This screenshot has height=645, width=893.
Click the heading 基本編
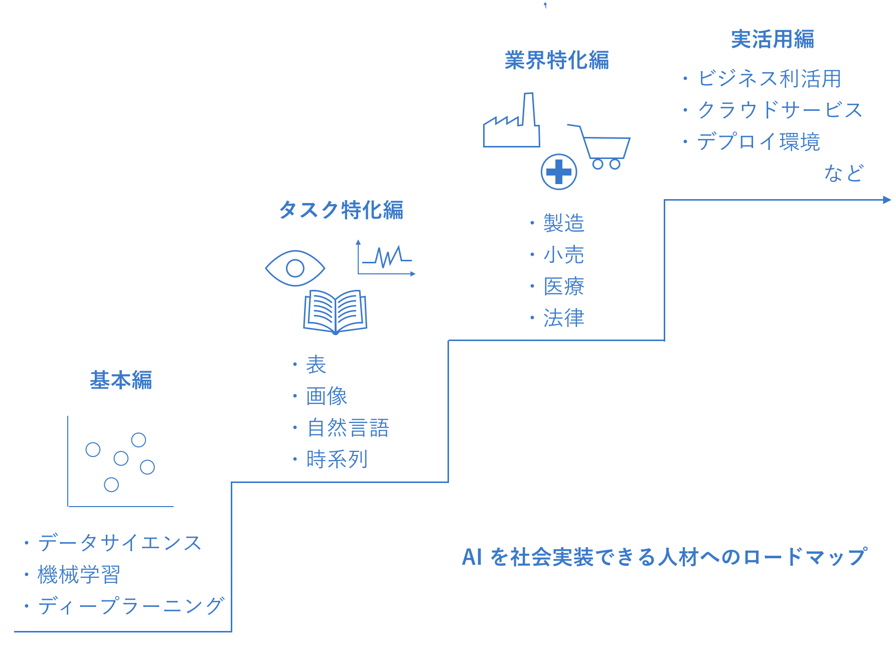(121, 380)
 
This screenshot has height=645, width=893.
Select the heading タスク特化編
(341, 210)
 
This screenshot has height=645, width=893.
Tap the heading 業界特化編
(557, 60)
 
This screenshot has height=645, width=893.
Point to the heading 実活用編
(773, 39)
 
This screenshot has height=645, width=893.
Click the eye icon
(295, 268)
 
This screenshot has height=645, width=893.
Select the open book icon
(335, 312)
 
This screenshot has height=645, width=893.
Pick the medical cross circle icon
(559, 172)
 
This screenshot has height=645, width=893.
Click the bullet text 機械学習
(79, 575)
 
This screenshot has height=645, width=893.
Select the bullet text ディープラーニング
(131, 606)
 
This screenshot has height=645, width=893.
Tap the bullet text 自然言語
(348, 428)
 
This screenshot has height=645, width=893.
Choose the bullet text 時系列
(337, 459)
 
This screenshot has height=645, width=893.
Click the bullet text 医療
(564, 286)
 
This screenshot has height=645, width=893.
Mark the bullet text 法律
(564, 318)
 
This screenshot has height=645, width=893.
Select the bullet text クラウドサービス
(780, 110)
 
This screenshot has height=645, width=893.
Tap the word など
(843, 173)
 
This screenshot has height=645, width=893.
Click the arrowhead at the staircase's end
(886, 200)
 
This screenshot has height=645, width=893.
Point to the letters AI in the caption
(472, 557)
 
